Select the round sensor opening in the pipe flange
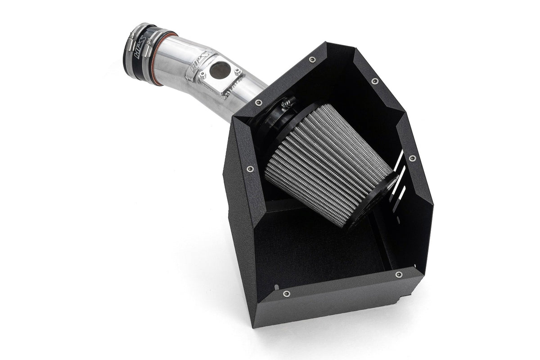click(220, 70)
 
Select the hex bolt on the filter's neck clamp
click(285, 104)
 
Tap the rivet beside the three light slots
click(412, 158)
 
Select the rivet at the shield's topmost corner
click(312, 59)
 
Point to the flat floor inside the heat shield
click(315, 252)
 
